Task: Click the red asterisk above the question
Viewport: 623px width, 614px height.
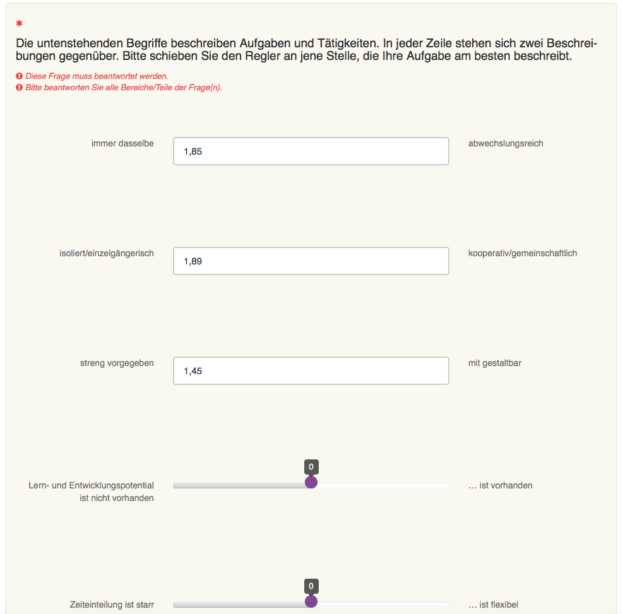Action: tap(20, 24)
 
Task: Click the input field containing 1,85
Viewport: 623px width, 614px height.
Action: tap(311, 151)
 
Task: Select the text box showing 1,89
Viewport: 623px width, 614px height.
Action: tap(311, 261)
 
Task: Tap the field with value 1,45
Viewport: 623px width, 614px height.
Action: tap(311, 371)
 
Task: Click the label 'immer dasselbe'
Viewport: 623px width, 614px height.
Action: tap(122, 143)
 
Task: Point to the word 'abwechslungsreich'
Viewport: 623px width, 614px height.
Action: tap(506, 143)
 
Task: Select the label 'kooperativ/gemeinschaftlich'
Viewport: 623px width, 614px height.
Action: tap(523, 253)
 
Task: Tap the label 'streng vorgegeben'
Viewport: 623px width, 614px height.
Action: tap(117, 363)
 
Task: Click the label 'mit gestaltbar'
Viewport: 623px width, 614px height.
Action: tap(495, 363)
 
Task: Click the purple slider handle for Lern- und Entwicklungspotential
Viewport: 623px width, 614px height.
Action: tap(311, 483)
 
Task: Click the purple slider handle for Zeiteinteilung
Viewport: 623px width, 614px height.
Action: tap(311, 602)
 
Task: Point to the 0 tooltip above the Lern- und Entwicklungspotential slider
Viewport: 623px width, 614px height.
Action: tap(311, 467)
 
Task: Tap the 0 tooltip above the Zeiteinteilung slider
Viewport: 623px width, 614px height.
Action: tap(311, 586)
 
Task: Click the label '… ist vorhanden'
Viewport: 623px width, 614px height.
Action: tap(501, 485)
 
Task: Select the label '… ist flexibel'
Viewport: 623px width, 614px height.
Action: tap(494, 605)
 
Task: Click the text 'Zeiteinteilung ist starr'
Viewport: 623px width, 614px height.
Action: tap(112, 605)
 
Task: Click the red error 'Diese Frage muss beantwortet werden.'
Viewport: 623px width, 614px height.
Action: tap(97, 76)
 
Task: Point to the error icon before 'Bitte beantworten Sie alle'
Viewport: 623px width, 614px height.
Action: tap(20, 88)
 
